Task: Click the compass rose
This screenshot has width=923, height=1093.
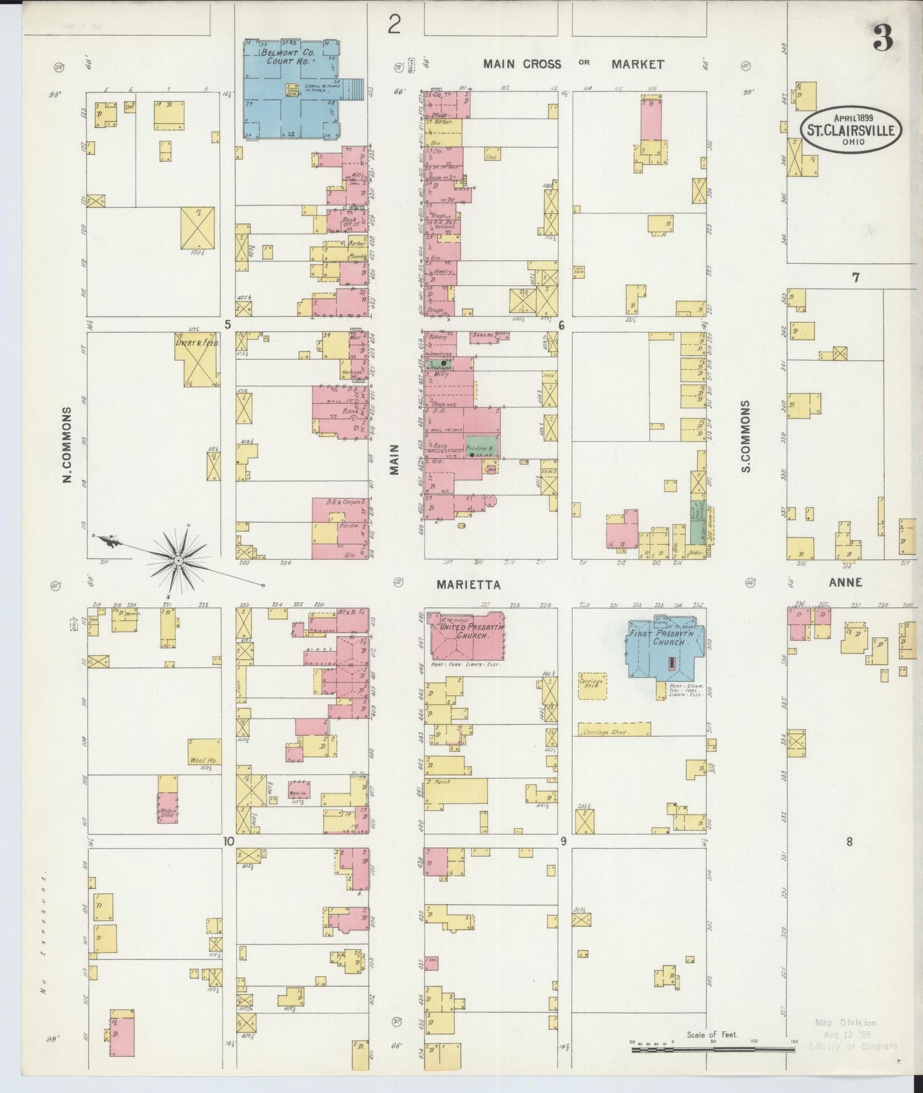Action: (179, 561)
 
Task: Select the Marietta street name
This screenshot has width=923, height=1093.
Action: (469, 585)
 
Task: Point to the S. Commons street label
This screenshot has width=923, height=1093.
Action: (746, 437)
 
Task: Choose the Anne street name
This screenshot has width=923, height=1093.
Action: (845, 582)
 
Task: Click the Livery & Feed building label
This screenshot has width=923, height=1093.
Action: (197, 343)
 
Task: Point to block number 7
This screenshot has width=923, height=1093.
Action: (855, 277)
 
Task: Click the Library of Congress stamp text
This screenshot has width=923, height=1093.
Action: (853, 1046)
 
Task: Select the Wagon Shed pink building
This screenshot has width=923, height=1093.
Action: (168, 807)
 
